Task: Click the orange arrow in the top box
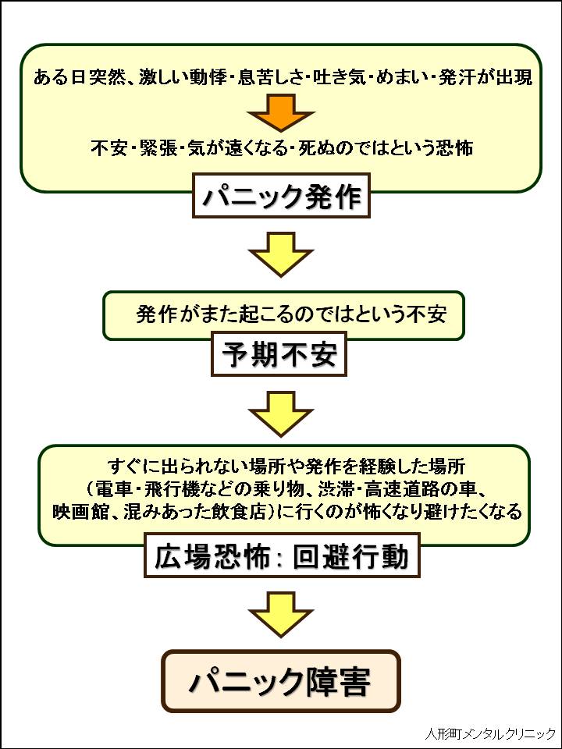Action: [280, 114]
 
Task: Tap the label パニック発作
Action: [282, 197]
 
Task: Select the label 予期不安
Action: [279, 355]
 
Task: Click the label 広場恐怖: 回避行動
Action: [282, 557]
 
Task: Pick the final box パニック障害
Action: [280, 681]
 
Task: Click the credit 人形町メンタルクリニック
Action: [490, 734]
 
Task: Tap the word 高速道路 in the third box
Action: [413, 490]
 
